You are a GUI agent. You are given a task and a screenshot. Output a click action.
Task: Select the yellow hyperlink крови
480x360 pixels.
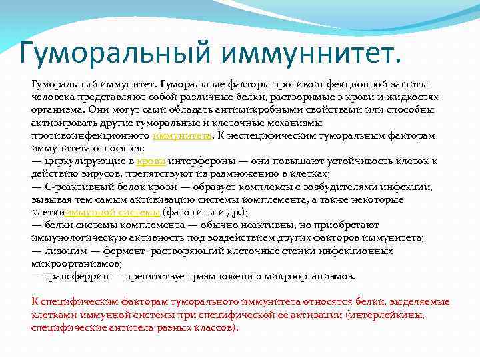(150, 161)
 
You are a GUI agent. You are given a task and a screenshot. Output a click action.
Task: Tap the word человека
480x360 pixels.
(54, 97)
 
